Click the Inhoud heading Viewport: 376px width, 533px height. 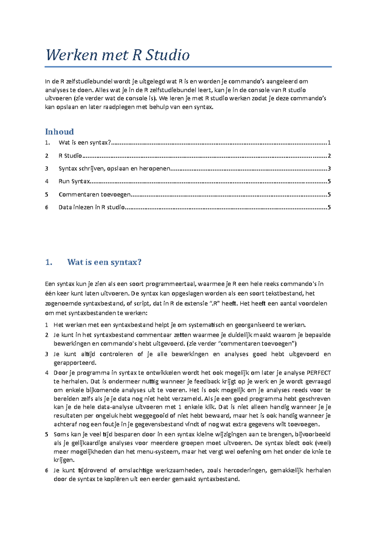point(60,132)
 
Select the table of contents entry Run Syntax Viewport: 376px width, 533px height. point(74,181)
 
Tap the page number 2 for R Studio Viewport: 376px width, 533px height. point(329,156)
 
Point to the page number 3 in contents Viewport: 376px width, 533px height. point(329,169)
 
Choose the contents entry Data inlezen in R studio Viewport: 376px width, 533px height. point(91,207)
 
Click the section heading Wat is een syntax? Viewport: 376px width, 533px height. point(104,262)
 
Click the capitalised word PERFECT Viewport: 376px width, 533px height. point(318,373)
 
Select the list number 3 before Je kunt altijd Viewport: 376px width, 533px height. point(46,354)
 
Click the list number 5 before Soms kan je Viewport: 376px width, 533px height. point(46,434)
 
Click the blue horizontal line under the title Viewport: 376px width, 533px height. point(188,67)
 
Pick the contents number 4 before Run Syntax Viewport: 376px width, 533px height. point(46,181)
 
